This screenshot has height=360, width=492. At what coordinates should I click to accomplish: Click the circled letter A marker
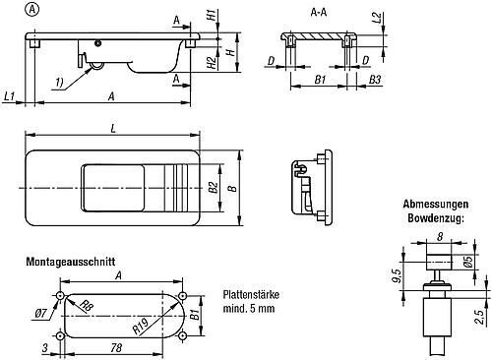31,10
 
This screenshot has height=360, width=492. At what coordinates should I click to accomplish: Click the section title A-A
319,13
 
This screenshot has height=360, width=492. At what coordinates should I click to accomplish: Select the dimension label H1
213,15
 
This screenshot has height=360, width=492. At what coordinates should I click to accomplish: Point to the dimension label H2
213,62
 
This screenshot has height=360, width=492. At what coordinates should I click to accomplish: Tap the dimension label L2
378,18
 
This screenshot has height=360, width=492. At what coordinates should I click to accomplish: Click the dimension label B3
375,80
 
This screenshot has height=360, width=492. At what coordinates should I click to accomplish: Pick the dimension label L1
10,96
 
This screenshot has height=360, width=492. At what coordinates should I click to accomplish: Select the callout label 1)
59,83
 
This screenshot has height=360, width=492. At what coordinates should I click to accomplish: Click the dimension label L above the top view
113,129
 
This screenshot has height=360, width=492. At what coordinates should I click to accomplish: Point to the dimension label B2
214,187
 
